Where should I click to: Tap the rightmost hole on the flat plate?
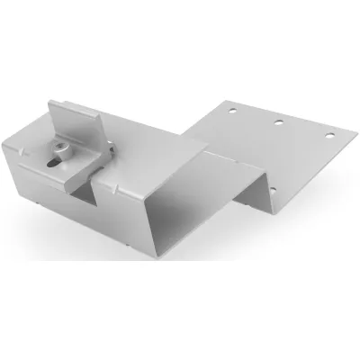(x=328, y=135)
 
